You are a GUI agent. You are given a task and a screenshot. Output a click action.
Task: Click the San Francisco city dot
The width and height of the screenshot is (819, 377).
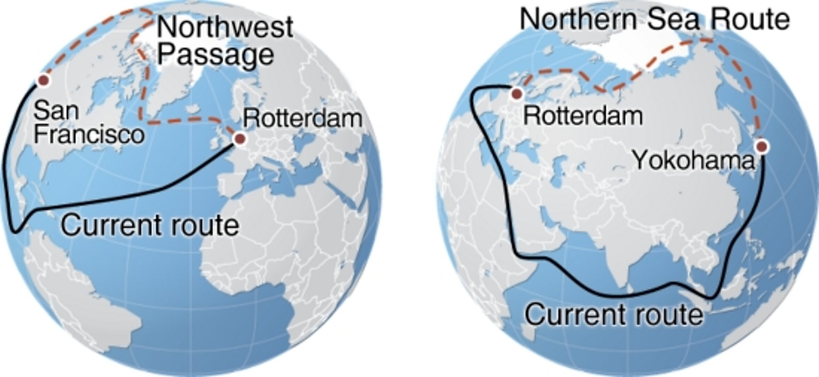(x=42, y=82)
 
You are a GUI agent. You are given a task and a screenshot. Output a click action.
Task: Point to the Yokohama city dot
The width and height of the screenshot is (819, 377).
(x=762, y=147)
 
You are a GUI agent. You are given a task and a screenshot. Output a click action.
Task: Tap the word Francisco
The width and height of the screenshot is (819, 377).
(x=83, y=134)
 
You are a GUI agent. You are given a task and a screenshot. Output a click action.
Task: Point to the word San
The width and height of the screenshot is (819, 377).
(x=48, y=112)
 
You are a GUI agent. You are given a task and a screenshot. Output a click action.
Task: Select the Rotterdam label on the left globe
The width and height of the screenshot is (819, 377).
(x=303, y=119)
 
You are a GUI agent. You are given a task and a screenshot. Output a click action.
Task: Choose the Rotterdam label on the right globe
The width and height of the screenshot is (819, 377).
(x=582, y=115)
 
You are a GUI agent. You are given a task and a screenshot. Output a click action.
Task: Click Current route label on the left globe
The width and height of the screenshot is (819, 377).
(x=150, y=225)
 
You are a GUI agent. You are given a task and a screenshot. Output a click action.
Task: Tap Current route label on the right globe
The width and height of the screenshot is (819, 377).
(x=613, y=315)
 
